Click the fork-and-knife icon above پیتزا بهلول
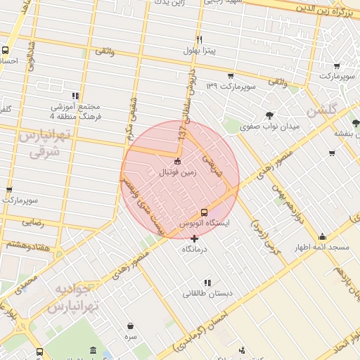(200, 39)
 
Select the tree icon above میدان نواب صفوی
(269, 116)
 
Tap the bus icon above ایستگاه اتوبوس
(204, 212)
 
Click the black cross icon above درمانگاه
(195, 238)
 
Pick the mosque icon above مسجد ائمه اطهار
(322, 237)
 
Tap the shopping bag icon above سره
(131, 326)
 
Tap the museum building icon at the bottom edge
(94, 350)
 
